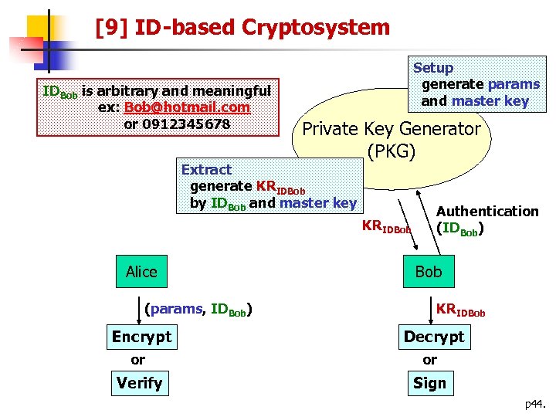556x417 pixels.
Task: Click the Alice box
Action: [x=141, y=271]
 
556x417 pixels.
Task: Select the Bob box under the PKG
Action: [x=429, y=271]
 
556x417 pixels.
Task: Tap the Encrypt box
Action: [x=141, y=337]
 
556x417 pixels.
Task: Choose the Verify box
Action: [x=139, y=383]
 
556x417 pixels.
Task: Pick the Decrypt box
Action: [x=434, y=337]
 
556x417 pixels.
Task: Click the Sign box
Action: [x=429, y=383]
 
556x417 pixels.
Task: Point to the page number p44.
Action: [x=535, y=404]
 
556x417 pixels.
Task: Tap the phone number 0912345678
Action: [x=177, y=123]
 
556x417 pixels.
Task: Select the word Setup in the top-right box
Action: [x=433, y=68]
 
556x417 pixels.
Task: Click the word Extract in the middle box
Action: [x=206, y=169]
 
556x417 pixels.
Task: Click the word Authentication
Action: [x=487, y=211]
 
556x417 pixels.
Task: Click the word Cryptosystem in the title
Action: [x=316, y=28]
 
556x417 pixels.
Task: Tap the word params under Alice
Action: [x=175, y=310]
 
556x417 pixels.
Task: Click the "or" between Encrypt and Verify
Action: [x=137, y=360]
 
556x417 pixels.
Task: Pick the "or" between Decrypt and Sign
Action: [x=429, y=360]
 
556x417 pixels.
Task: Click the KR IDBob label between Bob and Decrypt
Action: [x=460, y=310]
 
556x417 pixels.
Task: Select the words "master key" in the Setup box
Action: [x=490, y=100]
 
